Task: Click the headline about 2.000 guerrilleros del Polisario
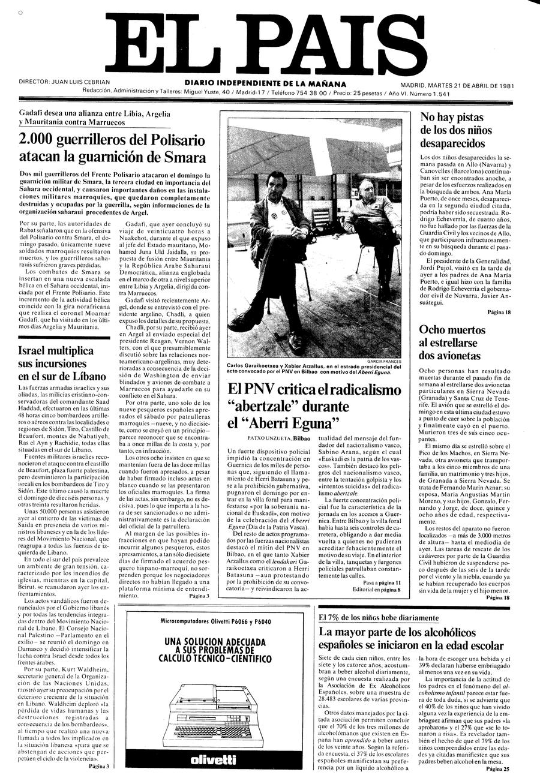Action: click(x=113, y=149)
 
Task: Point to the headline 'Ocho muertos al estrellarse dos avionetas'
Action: click(x=453, y=343)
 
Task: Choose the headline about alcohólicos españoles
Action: click(x=412, y=638)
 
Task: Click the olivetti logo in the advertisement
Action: click(x=213, y=759)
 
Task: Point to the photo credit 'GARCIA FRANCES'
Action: click(x=385, y=361)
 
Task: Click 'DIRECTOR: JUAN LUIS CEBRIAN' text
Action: click(x=64, y=81)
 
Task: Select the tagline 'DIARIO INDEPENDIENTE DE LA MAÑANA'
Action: click(x=265, y=84)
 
